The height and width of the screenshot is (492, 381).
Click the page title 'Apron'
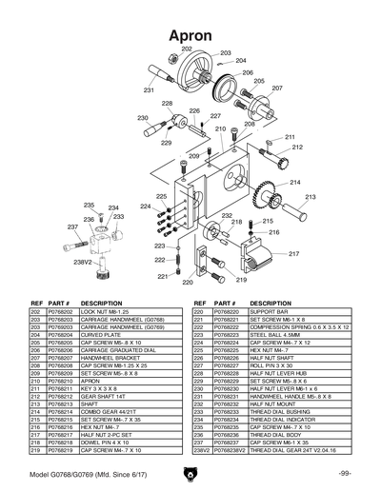click(190, 34)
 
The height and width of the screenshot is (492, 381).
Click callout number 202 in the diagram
click(187, 49)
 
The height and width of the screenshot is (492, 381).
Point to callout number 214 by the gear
click(295, 182)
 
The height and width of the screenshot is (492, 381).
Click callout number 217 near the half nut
click(294, 254)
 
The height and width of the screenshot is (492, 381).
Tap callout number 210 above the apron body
click(220, 128)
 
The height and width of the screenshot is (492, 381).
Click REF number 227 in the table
click(199, 365)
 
